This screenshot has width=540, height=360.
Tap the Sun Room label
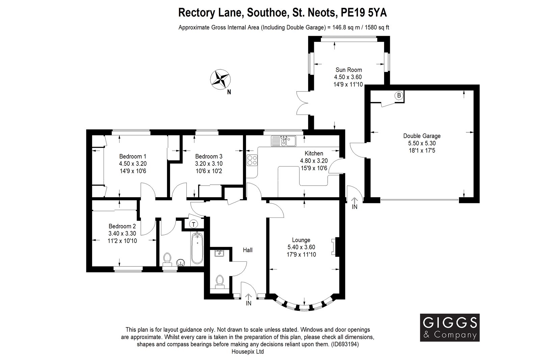[348, 70]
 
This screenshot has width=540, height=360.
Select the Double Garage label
[422, 136]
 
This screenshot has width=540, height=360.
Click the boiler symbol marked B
[399, 96]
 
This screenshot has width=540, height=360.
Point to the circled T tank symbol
[193, 224]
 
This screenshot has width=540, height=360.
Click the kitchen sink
[283, 141]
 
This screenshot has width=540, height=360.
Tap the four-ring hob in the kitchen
[252, 160]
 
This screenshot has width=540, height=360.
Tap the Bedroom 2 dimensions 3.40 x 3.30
[122, 233]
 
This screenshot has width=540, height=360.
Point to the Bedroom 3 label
[209, 156]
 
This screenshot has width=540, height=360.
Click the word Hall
[248, 250]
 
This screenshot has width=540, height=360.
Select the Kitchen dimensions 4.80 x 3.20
[314, 161]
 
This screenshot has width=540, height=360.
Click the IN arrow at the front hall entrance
[248, 297]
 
